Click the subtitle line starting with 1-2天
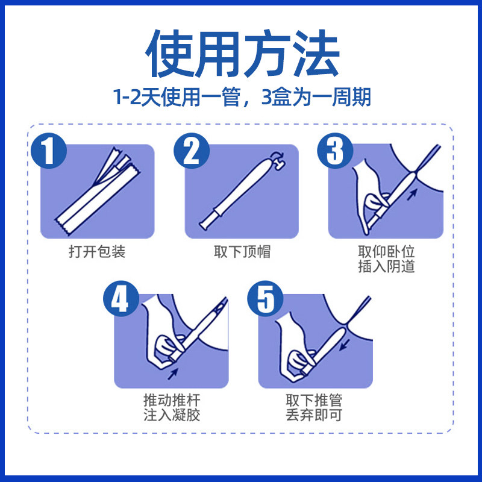[x=241, y=96]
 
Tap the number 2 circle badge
[x=192, y=151]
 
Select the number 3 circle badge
[x=335, y=151]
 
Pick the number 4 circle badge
[x=120, y=299]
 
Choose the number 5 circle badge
[x=265, y=299]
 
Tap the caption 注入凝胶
[x=171, y=415]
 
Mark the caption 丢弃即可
[x=315, y=415]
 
